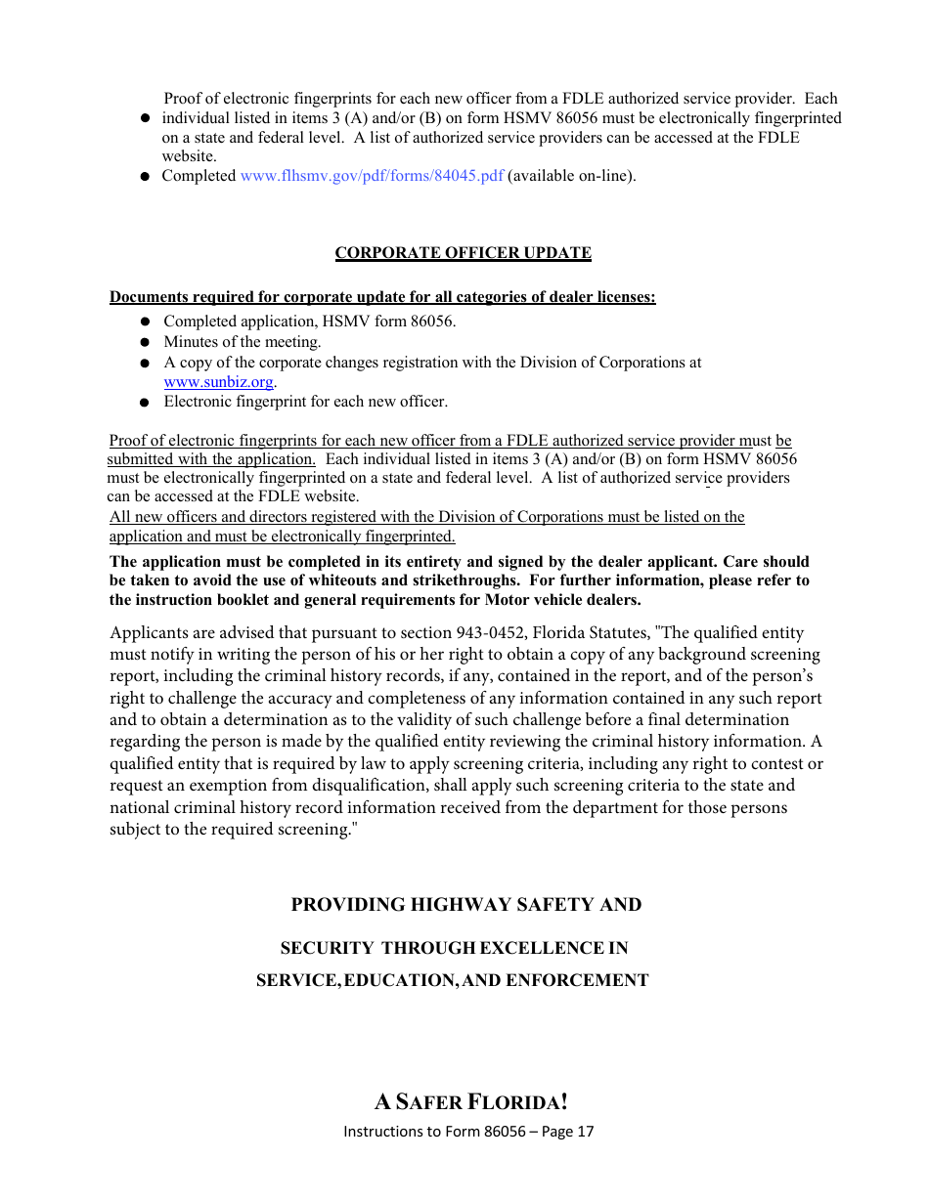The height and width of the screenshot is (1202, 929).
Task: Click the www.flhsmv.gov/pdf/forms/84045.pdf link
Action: click(372, 176)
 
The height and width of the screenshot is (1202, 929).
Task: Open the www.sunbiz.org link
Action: click(218, 382)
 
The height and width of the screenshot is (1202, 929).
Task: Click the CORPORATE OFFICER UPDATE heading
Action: click(463, 253)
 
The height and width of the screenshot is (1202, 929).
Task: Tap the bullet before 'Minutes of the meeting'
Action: click(144, 343)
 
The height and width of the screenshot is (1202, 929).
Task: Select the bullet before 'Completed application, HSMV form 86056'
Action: click(144, 322)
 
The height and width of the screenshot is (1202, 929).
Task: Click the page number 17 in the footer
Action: click(586, 1132)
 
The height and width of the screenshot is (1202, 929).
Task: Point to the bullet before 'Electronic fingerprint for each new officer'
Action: click(144, 402)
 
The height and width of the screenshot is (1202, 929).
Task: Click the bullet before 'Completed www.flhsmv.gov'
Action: click(144, 177)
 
